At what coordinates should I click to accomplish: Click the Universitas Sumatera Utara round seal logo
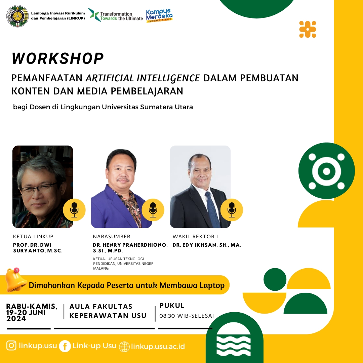coord(17,16)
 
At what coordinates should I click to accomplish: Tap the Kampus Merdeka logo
coord(159,16)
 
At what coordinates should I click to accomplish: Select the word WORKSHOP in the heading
coord(58,58)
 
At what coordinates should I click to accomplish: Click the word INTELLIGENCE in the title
coord(168,78)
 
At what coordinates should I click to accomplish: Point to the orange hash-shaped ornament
coord(308,29)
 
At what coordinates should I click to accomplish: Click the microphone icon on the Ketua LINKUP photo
coord(74,210)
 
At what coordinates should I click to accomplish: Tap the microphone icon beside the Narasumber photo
coord(153,210)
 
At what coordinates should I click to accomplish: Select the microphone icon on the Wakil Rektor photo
coord(232,210)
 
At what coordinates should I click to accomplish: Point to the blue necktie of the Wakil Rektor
coord(212,209)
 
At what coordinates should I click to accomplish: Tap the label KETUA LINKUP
coord(33,237)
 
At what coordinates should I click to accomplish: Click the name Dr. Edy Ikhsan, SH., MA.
coord(207,245)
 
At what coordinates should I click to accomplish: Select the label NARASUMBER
coord(112,237)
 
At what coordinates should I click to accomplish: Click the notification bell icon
coord(15,280)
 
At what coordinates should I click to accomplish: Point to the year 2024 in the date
coord(16,319)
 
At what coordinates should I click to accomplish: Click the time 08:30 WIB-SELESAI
coord(187,316)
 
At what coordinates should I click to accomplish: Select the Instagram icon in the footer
coord(11,346)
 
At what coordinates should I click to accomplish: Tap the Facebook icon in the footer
coord(65,346)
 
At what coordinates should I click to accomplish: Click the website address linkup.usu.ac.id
coord(158,346)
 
